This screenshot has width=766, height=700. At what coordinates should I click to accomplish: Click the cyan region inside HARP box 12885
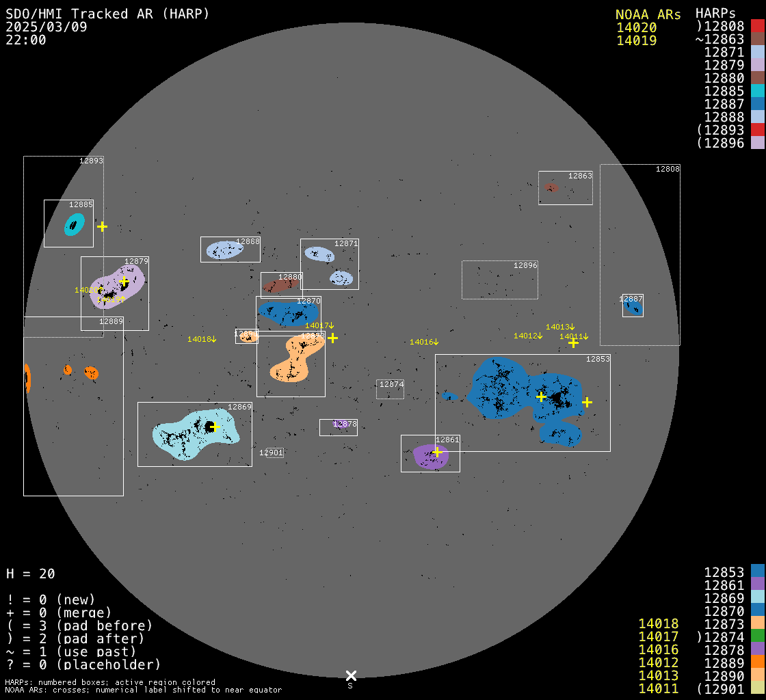click(73, 224)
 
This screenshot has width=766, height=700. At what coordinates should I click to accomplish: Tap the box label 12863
click(580, 176)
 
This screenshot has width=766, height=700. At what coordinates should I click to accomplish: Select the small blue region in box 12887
click(633, 308)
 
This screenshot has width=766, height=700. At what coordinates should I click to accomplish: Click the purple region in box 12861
click(430, 457)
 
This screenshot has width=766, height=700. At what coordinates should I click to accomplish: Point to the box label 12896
click(525, 265)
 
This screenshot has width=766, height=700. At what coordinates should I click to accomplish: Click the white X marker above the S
click(351, 675)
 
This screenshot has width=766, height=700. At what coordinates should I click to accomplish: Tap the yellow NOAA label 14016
click(423, 342)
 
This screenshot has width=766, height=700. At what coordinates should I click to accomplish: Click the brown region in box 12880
click(280, 285)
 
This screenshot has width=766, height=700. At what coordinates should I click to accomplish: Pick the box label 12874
click(391, 385)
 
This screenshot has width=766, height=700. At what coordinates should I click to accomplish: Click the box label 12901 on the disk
click(271, 453)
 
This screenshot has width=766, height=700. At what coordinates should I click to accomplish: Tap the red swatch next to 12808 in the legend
click(757, 27)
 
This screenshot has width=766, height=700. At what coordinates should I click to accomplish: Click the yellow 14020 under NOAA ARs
click(636, 28)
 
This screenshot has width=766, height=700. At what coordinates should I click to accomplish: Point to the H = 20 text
click(31, 574)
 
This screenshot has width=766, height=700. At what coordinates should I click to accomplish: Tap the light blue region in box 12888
click(224, 250)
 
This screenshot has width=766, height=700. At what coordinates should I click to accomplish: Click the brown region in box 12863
click(551, 187)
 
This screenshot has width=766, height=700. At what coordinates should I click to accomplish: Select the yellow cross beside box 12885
click(102, 226)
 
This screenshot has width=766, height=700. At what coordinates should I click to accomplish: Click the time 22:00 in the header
click(25, 40)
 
